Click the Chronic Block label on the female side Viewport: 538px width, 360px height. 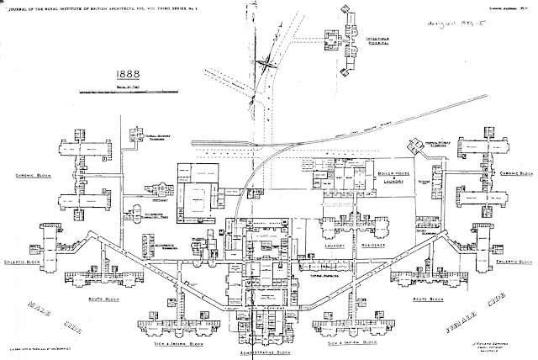514,175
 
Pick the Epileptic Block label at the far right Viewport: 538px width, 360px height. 516,262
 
